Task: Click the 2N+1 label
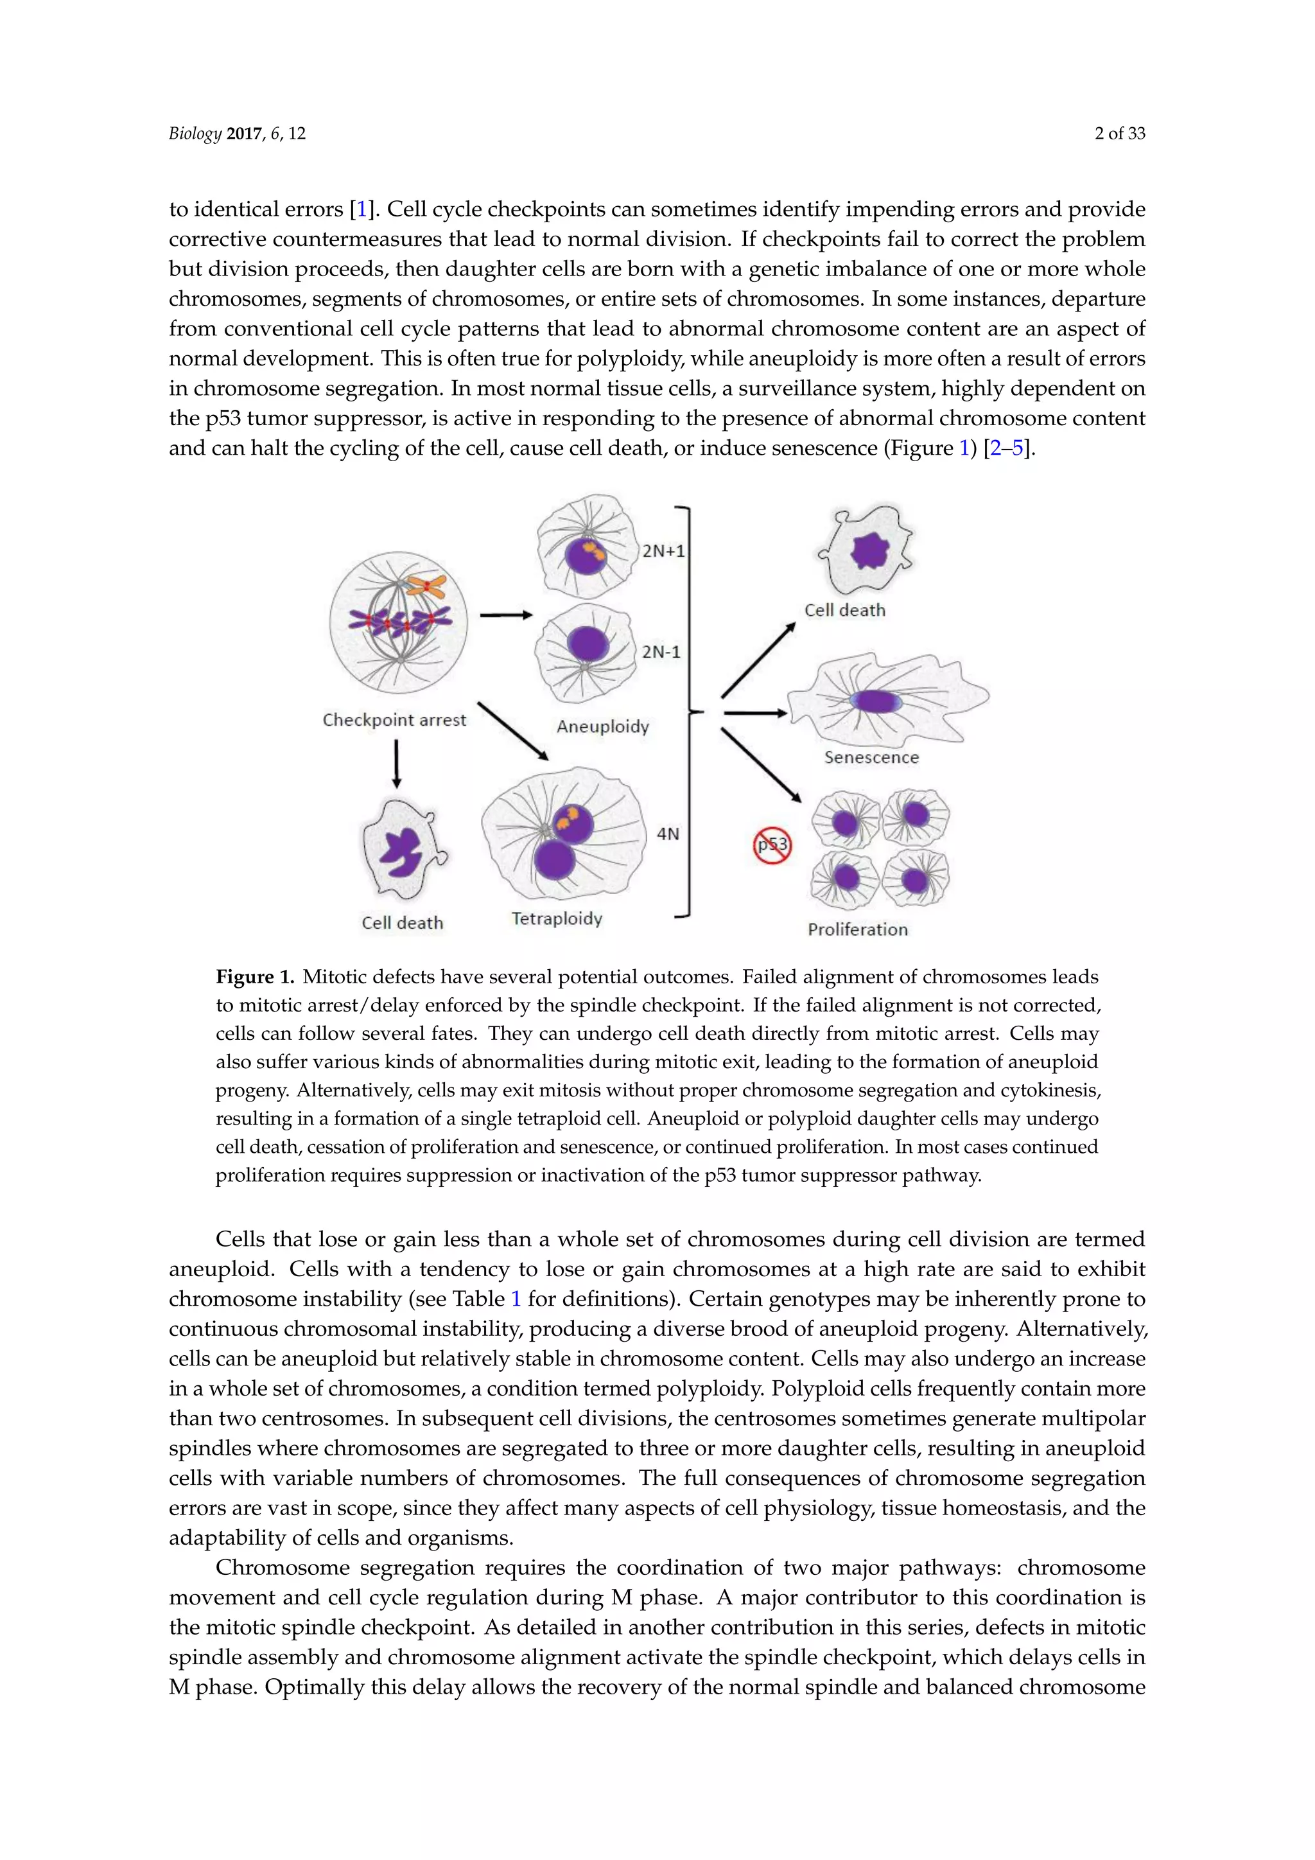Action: click(x=663, y=552)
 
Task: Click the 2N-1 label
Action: click(x=661, y=652)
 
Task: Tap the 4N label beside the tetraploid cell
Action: click(x=668, y=834)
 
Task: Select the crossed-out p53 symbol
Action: click(x=772, y=845)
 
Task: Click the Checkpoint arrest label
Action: click(x=394, y=720)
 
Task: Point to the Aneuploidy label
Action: click(x=602, y=726)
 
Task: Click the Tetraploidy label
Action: click(x=557, y=918)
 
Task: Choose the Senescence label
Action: click(x=871, y=757)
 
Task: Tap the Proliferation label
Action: click(x=857, y=929)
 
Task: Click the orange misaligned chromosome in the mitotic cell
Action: click(x=427, y=586)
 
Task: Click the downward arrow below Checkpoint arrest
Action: click(x=396, y=763)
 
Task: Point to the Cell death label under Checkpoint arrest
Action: click(x=403, y=923)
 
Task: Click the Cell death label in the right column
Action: click(x=844, y=611)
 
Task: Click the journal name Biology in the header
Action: click(x=195, y=134)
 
